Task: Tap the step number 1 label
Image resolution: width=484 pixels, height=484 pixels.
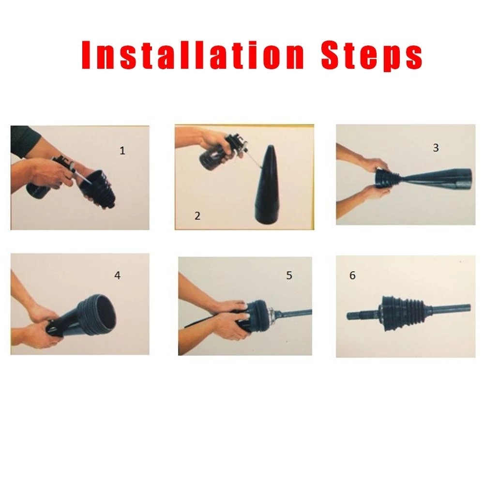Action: pos(122,151)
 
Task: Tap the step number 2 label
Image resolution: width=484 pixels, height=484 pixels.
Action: pos(197,216)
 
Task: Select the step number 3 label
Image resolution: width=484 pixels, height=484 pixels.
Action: pos(436,148)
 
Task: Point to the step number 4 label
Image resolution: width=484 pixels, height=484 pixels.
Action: pos(117,275)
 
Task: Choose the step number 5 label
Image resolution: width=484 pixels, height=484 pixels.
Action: pos(289,275)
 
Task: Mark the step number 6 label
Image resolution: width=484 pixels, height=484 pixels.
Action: pos(352,275)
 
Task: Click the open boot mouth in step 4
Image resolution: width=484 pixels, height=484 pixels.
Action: pos(100,315)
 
